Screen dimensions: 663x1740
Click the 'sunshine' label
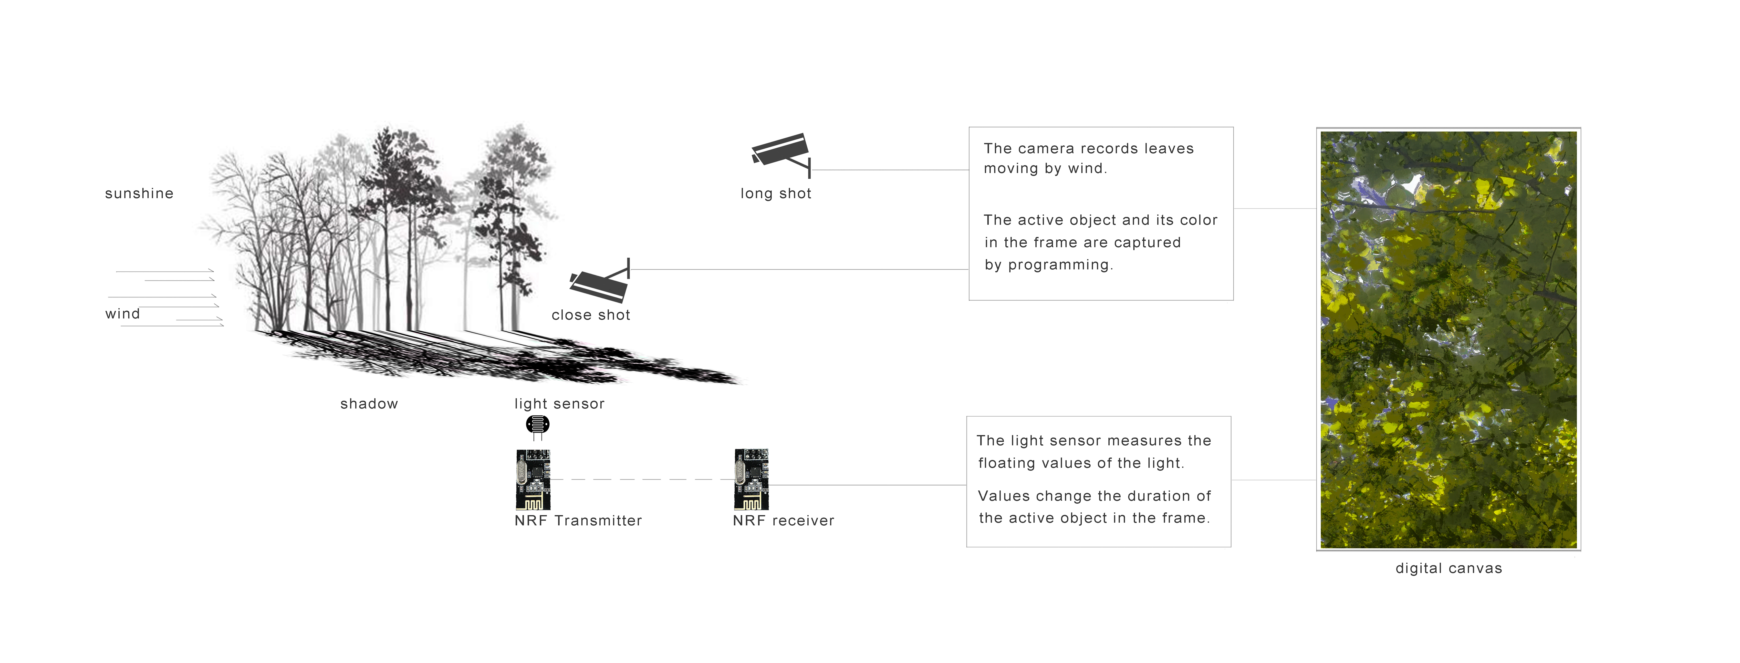(x=139, y=194)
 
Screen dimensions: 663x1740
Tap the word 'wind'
(x=122, y=314)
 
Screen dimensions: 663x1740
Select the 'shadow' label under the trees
(x=369, y=404)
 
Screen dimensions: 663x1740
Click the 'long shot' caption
(x=775, y=194)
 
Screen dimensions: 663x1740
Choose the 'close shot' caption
(x=590, y=315)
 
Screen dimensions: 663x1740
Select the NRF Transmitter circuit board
(x=533, y=479)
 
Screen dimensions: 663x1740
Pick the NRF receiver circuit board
(x=751, y=479)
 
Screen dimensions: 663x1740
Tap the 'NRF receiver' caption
(x=783, y=520)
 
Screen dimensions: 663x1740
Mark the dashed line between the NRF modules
(x=642, y=479)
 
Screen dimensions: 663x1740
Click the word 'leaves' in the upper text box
(x=1168, y=149)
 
